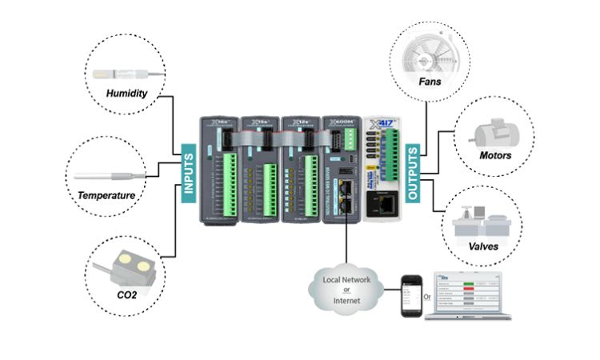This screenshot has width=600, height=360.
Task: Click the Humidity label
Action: pyautogui.click(x=127, y=93)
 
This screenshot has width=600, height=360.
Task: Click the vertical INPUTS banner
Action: pyautogui.click(x=190, y=170)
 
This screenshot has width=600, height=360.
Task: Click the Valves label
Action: pyautogui.click(x=484, y=246)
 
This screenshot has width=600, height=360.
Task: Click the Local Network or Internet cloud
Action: pyautogui.click(x=347, y=289)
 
